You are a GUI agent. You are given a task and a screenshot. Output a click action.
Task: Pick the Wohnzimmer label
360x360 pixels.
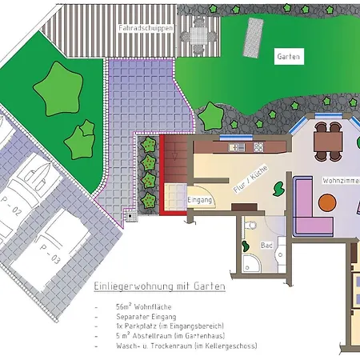pos(341,181)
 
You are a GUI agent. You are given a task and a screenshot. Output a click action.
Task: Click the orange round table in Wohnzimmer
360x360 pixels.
pos(326,203)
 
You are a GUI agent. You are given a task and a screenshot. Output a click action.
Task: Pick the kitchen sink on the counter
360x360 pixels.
pos(237,147)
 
